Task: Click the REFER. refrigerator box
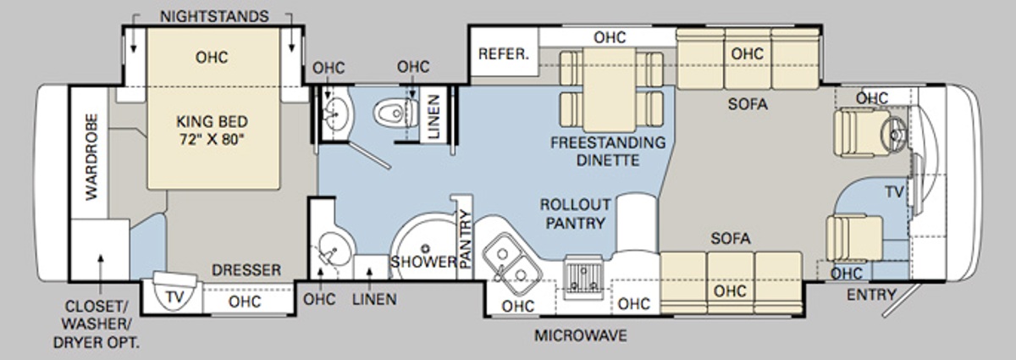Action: coord(504,54)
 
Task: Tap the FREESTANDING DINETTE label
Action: coord(608,150)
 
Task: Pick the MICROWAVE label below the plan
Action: coord(580,335)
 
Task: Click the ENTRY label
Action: coord(870,295)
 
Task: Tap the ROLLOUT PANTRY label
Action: coord(575,214)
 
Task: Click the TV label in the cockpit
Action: coord(894,192)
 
